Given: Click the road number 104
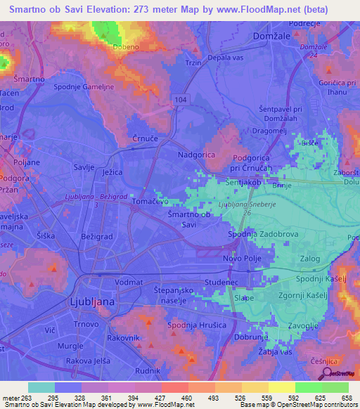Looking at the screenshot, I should [182, 101].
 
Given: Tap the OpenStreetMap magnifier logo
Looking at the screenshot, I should [327, 375].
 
